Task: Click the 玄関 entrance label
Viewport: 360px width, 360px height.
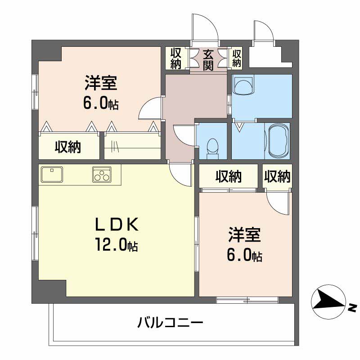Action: pyautogui.click(x=208, y=60)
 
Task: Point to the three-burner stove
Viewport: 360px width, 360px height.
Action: pyautogui.click(x=102, y=174)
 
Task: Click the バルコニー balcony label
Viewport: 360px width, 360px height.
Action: pyautogui.click(x=171, y=323)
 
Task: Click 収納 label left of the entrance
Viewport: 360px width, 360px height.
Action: pyautogui.click(x=176, y=58)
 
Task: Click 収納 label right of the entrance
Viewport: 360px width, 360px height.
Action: pyautogui.click(x=237, y=58)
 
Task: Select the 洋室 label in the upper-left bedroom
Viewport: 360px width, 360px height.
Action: pyautogui.click(x=101, y=84)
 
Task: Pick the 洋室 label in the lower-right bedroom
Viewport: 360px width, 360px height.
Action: pyautogui.click(x=244, y=236)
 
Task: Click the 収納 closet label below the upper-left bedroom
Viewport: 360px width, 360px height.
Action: pyautogui.click(x=68, y=147)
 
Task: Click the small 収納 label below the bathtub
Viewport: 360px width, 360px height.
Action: pyautogui.click(x=277, y=176)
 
